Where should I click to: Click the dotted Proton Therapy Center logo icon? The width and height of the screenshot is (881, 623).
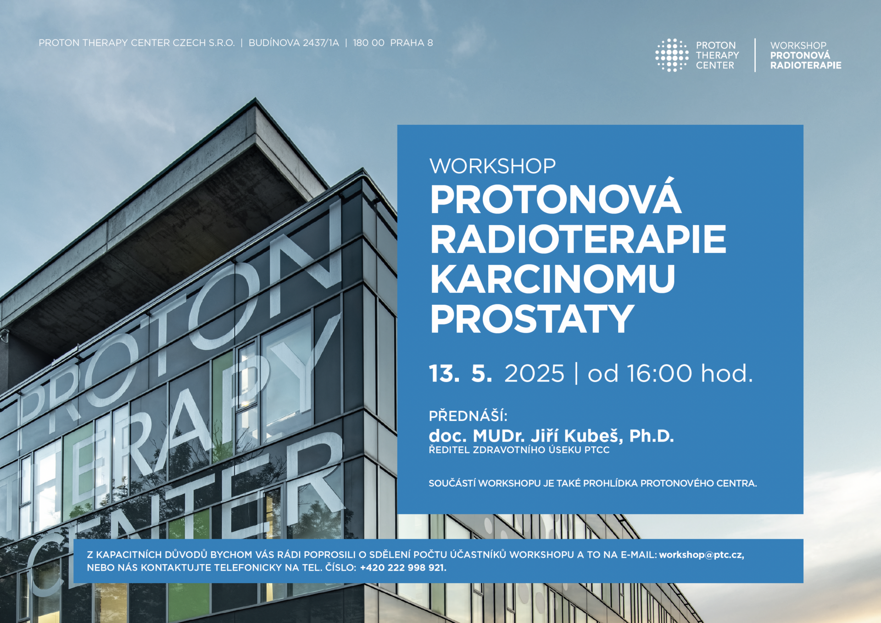672,55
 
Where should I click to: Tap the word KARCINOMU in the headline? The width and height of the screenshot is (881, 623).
552,279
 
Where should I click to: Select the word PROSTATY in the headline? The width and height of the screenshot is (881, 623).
532,319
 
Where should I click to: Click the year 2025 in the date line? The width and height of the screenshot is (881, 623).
534,373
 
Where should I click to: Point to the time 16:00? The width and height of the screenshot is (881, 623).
659,373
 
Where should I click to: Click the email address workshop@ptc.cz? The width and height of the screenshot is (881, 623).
702,555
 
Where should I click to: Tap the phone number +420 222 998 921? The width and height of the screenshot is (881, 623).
403,567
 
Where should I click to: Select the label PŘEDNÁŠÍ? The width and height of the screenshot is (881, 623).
468,415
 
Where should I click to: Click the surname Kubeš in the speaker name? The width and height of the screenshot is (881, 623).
593,436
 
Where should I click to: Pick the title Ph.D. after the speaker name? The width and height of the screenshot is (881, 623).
652,436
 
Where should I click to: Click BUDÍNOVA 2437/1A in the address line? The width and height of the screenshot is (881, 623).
294,43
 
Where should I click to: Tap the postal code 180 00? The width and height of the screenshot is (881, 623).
368,43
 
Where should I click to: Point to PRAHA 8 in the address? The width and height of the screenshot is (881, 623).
412,43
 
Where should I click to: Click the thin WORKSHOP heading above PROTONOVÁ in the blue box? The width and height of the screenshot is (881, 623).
492,166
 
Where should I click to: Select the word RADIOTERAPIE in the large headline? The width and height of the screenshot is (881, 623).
578,239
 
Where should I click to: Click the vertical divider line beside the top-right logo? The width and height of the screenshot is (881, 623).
755,55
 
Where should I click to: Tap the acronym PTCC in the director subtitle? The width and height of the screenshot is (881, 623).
597,450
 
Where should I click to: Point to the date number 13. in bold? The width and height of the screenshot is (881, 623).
444,373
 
